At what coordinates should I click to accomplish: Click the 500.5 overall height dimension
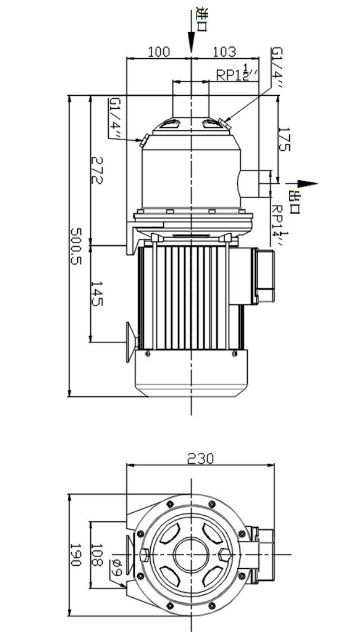click(x=76, y=246)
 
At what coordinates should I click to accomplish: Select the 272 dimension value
click(x=96, y=169)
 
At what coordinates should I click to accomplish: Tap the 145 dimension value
click(x=96, y=294)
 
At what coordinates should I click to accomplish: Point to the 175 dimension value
click(x=284, y=139)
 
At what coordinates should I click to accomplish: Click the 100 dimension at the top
click(x=159, y=51)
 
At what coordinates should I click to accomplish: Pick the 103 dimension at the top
click(x=224, y=51)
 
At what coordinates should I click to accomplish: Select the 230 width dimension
click(x=201, y=458)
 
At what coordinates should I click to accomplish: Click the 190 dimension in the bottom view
click(x=75, y=555)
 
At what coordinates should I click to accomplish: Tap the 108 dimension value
click(x=96, y=555)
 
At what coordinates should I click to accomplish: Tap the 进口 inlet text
click(x=201, y=19)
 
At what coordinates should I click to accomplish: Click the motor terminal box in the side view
click(x=264, y=276)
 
